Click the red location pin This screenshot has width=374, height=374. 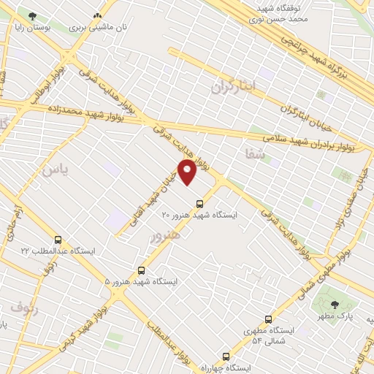[x=188, y=172]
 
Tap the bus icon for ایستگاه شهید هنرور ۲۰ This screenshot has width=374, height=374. [x=199, y=204]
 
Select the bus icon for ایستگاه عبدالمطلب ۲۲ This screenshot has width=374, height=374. [x=58, y=240]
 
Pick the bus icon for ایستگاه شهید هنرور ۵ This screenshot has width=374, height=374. [x=142, y=270]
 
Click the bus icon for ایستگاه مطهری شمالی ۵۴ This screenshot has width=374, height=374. [x=268, y=319]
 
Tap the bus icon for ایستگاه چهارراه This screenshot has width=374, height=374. [x=225, y=356]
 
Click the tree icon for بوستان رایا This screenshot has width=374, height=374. [x=31, y=15]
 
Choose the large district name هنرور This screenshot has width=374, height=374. [x=164, y=236]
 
